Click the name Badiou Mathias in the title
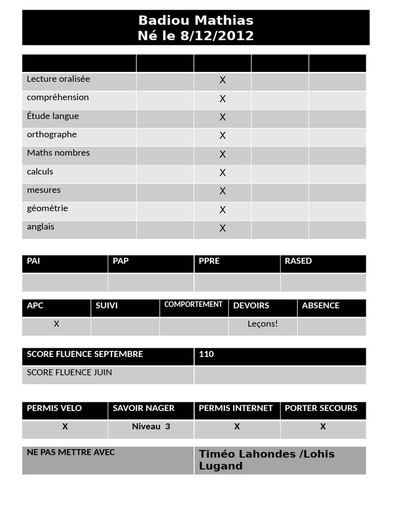(x=195, y=21)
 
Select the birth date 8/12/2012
(x=217, y=35)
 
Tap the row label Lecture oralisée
(x=58, y=79)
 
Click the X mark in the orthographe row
(x=223, y=135)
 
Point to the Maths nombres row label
(x=58, y=153)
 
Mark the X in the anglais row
(x=223, y=228)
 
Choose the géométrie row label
(x=48, y=209)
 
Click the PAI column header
(x=34, y=261)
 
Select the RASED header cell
(x=299, y=261)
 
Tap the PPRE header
(x=209, y=261)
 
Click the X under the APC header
(x=56, y=324)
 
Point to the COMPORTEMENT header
(x=193, y=305)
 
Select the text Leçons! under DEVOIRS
(x=263, y=324)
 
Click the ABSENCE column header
(x=321, y=306)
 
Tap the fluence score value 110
(x=206, y=354)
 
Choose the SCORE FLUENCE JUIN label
(x=70, y=372)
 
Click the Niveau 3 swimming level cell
(x=151, y=427)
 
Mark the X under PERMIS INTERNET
(x=237, y=427)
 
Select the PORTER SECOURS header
(x=321, y=408)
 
